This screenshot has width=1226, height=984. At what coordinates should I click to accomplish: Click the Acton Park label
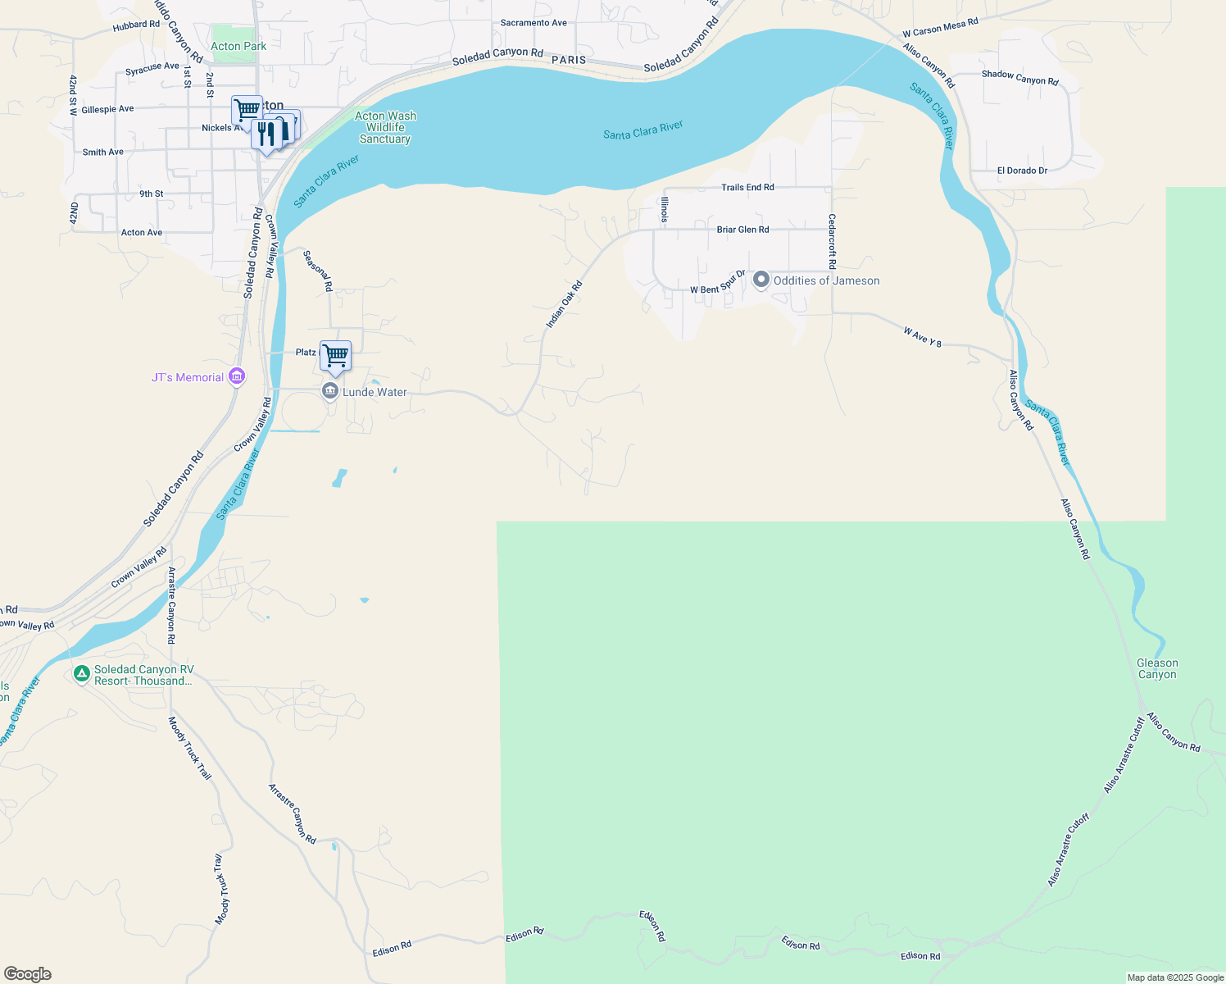click(x=238, y=46)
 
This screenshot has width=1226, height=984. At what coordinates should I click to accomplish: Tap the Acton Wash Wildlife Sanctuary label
click(x=385, y=127)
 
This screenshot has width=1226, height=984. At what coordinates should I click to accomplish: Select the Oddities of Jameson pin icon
click(x=761, y=280)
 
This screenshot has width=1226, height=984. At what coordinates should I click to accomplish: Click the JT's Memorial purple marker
click(x=237, y=377)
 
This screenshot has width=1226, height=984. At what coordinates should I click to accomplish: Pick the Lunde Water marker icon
click(x=330, y=391)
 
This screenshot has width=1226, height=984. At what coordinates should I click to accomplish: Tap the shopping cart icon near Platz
click(x=335, y=356)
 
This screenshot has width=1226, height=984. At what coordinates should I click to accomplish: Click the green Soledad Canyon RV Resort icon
click(x=81, y=674)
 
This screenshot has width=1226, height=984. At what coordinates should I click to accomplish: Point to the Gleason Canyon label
click(x=1157, y=668)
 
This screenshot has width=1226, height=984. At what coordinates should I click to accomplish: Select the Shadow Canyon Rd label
click(x=1019, y=77)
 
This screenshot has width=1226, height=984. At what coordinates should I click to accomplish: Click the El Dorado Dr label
click(x=1022, y=171)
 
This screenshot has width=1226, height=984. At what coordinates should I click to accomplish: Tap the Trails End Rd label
click(x=747, y=187)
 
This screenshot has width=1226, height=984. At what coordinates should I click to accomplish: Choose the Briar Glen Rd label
click(x=742, y=230)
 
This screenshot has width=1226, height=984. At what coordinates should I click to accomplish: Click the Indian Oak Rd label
click(x=564, y=304)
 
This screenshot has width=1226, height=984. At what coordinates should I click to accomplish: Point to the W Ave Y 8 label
click(x=922, y=337)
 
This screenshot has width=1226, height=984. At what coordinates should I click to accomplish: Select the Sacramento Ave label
click(x=534, y=23)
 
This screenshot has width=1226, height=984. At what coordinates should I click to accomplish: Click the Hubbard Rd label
click(x=136, y=25)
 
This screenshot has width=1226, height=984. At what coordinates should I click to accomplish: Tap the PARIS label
click(x=569, y=60)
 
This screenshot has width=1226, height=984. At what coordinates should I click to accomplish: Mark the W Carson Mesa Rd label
click(x=940, y=28)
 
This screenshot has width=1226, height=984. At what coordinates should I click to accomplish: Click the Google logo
click(x=28, y=974)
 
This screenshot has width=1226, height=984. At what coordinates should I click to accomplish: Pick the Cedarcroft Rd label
click(x=832, y=242)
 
